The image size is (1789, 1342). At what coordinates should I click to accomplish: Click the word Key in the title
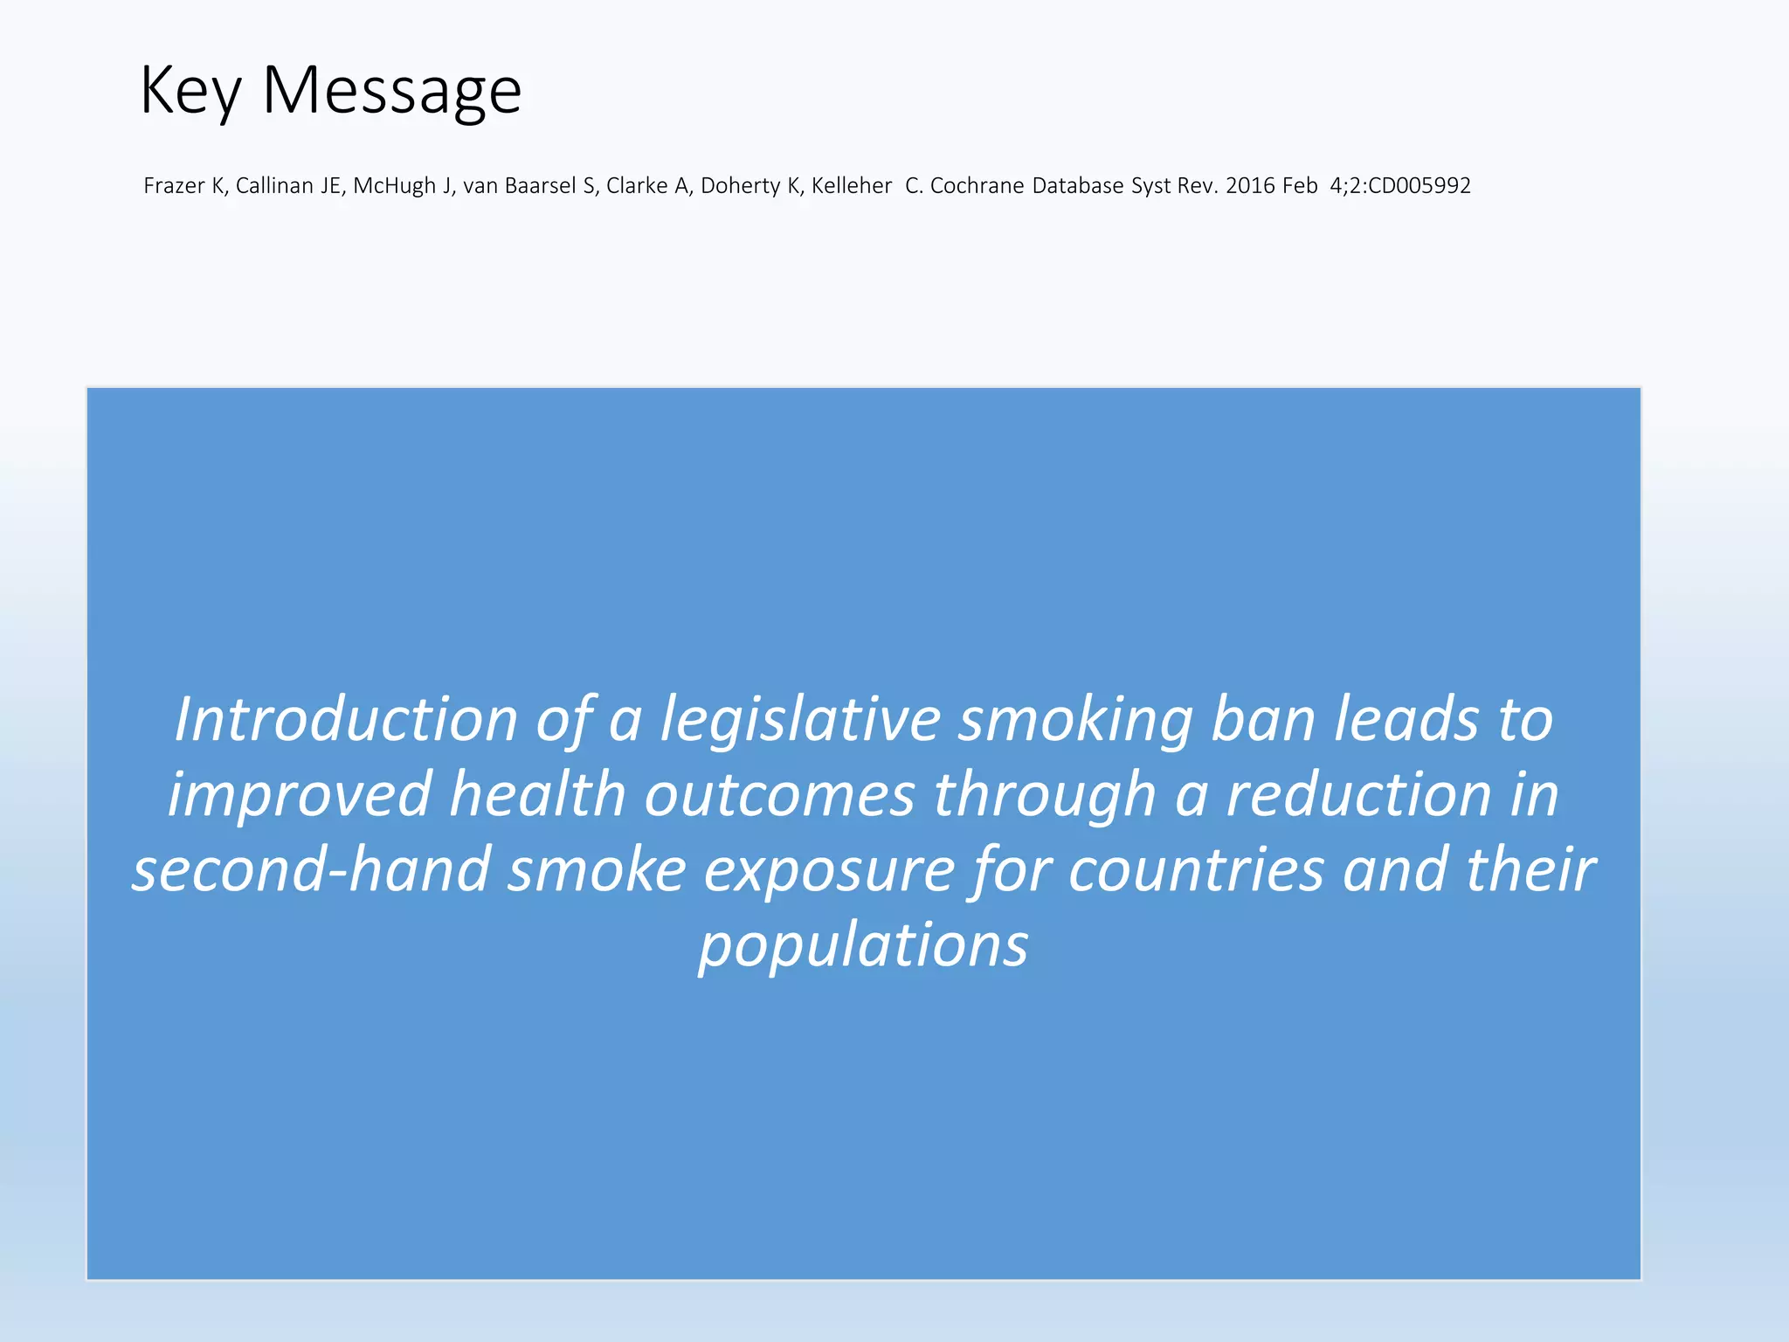(190, 91)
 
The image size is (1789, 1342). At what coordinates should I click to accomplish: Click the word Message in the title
(391, 91)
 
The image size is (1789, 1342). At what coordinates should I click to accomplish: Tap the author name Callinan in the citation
(274, 186)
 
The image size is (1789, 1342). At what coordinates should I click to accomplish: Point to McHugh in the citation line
(394, 186)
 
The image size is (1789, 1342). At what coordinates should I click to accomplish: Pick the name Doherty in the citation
(740, 186)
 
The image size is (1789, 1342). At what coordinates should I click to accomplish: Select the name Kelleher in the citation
(852, 186)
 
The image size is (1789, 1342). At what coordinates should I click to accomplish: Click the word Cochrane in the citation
(977, 186)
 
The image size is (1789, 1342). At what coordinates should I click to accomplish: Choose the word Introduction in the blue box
(346, 720)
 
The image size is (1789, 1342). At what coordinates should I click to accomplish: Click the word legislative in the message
(800, 720)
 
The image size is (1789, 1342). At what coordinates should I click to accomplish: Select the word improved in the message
(300, 795)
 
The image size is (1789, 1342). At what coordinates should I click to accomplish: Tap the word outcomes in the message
(779, 795)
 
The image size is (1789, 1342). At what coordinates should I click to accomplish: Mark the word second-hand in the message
(310, 870)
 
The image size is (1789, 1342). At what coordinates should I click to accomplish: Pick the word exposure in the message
(829, 870)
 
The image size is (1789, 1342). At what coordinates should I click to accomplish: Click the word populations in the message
(863, 945)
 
